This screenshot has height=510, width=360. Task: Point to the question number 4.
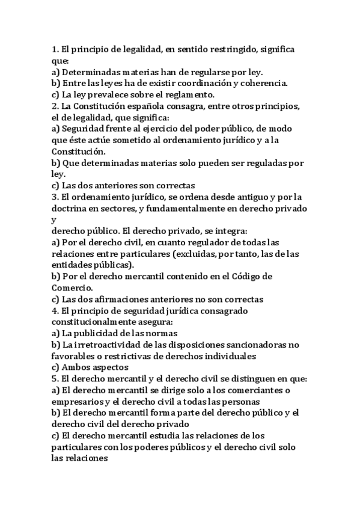(x=55, y=311)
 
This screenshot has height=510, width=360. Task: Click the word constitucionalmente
(x=97, y=322)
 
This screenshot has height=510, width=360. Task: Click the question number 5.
(x=55, y=379)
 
